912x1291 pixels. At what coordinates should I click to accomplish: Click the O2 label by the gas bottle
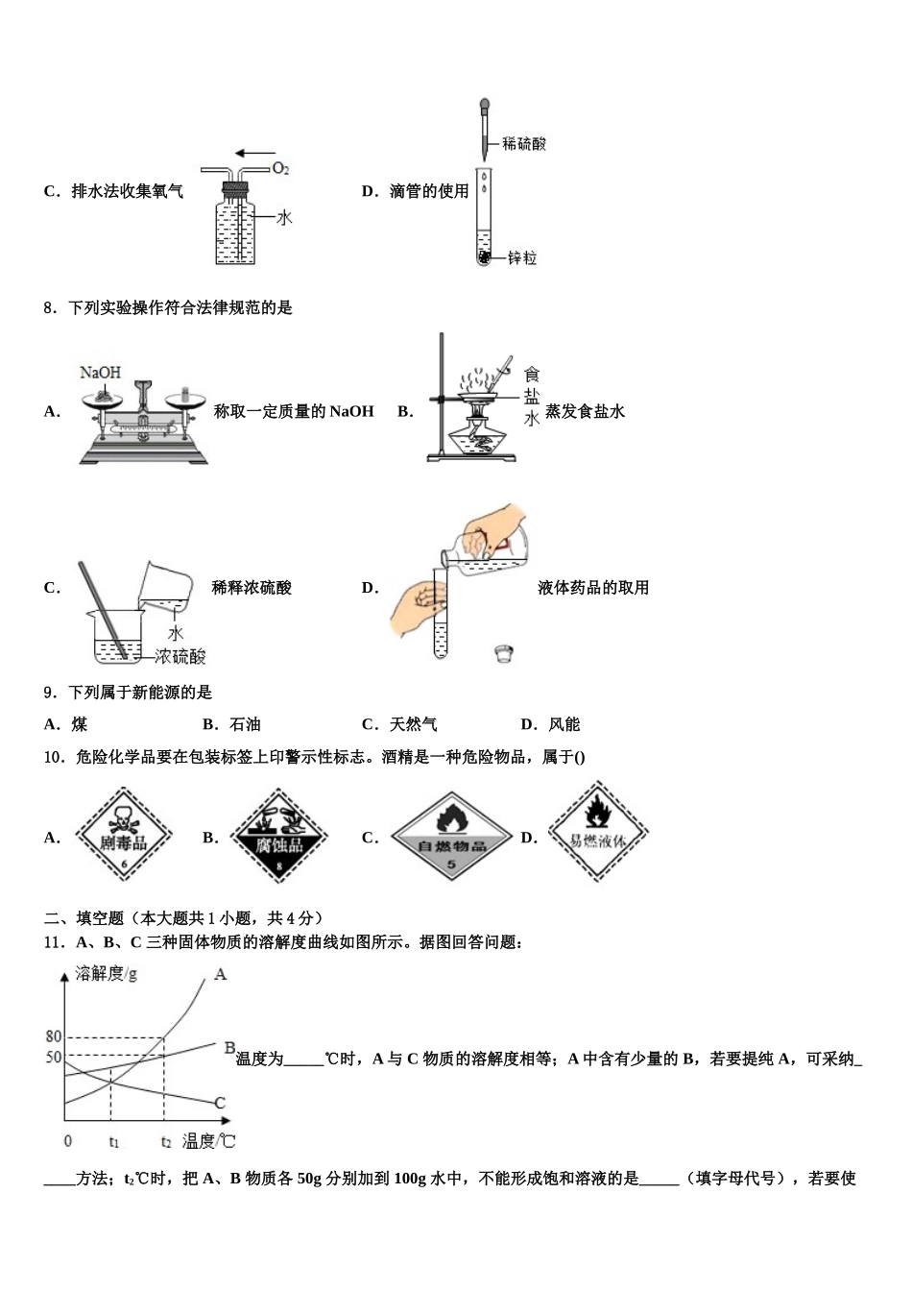(280, 169)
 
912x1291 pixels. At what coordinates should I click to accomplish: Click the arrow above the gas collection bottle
(254, 152)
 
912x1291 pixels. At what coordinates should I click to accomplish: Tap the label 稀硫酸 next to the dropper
(524, 144)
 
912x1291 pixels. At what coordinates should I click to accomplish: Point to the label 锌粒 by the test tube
(522, 258)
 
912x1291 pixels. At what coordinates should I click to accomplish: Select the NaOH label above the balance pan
(100, 372)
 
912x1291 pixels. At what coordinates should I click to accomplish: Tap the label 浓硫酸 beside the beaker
(180, 657)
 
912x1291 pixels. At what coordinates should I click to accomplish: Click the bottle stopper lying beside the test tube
(502, 653)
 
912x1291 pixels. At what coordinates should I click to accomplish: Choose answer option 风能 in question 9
(564, 724)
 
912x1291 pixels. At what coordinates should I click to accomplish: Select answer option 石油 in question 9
(246, 724)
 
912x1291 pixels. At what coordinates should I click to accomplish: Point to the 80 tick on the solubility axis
(54, 1036)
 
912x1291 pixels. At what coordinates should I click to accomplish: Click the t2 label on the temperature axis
(166, 1142)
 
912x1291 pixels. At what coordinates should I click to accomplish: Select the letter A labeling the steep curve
(220, 975)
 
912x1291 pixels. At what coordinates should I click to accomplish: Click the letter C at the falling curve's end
(220, 1103)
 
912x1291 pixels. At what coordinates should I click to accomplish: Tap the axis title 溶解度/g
(106, 974)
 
